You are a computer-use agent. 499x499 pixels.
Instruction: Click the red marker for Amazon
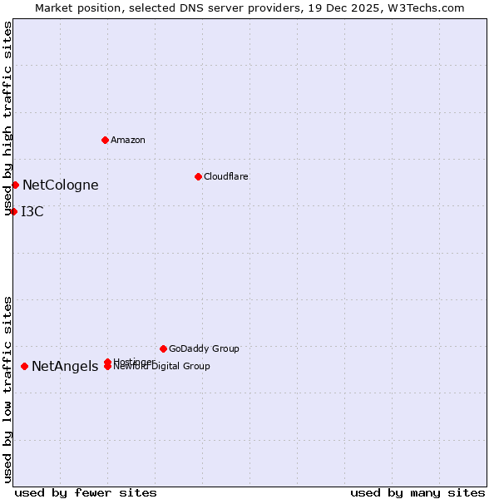tap(105, 140)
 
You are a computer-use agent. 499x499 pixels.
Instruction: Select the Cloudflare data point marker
tap(198, 176)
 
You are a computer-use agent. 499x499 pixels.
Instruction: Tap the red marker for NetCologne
tap(15, 185)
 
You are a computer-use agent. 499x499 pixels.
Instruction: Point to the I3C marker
tap(13, 211)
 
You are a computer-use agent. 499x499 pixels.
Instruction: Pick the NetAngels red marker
tap(24, 366)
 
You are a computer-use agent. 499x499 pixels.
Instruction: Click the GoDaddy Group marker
tap(163, 348)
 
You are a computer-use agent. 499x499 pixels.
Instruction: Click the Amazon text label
tap(128, 140)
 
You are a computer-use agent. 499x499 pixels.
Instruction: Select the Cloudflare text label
tap(226, 176)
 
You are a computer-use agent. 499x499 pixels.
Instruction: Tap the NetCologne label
tap(61, 185)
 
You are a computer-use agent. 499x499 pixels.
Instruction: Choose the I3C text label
tap(32, 212)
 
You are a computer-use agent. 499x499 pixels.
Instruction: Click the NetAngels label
tap(65, 367)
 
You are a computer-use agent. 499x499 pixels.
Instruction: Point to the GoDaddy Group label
tap(204, 349)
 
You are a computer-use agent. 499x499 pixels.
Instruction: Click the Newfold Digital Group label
tap(163, 367)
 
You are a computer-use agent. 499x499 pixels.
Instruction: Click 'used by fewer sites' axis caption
tap(86, 492)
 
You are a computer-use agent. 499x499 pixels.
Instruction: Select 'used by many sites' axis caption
tap(417, 492)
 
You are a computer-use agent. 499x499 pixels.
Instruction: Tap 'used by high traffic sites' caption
tap(8, 119)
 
